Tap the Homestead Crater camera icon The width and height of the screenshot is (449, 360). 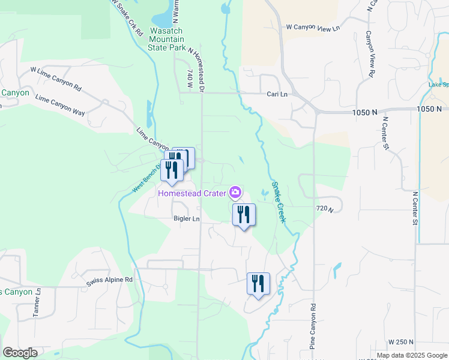[236, 193]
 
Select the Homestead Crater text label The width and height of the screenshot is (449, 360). [191, 193]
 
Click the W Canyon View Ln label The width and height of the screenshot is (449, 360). [313, 28]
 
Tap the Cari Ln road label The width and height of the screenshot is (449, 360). [277, 94]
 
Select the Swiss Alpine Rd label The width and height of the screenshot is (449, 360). [109, 280]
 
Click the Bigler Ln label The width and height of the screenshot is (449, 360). [186, 219]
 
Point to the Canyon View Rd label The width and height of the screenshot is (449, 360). [370, 53]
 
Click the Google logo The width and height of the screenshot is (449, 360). [20, 353]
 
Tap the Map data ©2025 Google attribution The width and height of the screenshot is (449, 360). [412, 355]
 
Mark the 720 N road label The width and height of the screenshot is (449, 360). [324, 208]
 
